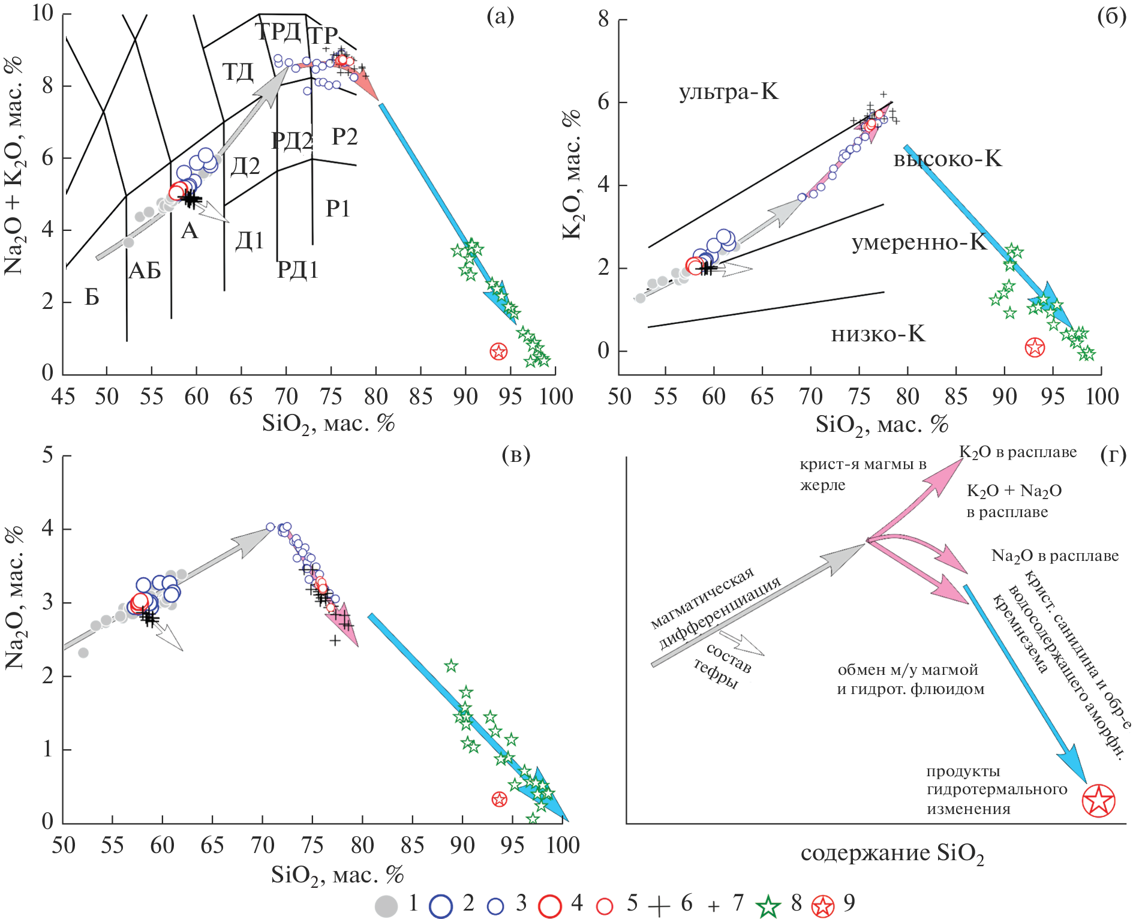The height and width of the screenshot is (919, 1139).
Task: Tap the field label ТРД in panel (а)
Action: pyautogui.click(x=278, y=32)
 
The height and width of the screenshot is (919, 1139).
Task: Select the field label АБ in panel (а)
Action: pyautogui.click(x=145, y=271)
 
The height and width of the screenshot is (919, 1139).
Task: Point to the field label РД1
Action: pyautogui.click(x=297, y=270)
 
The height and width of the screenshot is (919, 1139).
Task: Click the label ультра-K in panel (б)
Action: pyautogui.click(x=728, y=92)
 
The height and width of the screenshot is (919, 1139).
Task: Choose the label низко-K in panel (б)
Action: pyautogui.click(x=878, y=334)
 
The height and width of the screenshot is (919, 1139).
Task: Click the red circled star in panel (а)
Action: pyautogui.click(x=498, y=352)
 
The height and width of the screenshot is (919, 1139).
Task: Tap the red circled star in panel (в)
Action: pyautogui.click(x=499, y=799)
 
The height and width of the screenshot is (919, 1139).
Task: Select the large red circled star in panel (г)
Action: pyautogui.click(x=1098, y=800)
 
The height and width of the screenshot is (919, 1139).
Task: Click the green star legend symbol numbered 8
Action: pyautogui.click(x=768, y=906)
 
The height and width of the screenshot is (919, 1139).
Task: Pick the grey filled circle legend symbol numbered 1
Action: pyautogui.click(x=386, y=906)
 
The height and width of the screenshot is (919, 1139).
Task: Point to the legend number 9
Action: pyautogui.click(x=849, y=902)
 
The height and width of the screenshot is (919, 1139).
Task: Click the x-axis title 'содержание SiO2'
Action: pyautogui.click(x=892, y=854)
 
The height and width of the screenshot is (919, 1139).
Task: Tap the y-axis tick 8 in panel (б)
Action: pyautogui.click(x=603, y=19)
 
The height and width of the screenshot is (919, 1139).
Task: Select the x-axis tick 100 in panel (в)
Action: pyautogui.click(x=563, y=845)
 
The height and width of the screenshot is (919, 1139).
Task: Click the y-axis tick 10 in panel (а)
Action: pyautogui.click(x=43, y=13)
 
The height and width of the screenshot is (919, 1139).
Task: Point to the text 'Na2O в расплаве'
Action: pyautogui.click(x=1054, y=556)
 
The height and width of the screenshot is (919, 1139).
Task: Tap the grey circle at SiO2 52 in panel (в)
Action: pyautogui.click(x=83, y=653)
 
